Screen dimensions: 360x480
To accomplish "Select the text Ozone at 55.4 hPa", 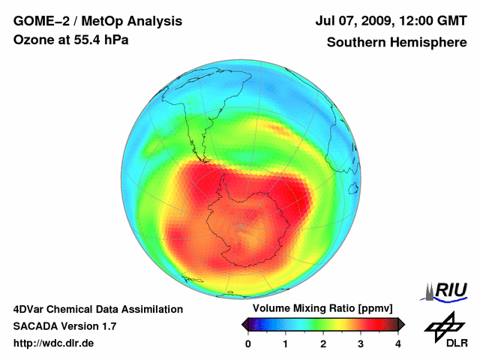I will (71, 40).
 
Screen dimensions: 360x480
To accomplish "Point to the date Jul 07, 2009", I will (357, 22).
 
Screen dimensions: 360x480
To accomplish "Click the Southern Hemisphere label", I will (397, 43).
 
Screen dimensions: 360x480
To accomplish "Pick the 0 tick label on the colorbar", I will (248, 343).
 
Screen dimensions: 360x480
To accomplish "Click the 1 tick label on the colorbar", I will (286, 343).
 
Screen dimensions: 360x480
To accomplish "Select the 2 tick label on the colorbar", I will (323, 343).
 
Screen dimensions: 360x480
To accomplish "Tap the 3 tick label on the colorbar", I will (361, 343).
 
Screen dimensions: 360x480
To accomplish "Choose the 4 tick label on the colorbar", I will (398, 343).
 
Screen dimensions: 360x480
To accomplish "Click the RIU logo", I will (447, 290).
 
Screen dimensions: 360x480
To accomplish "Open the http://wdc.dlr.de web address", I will (54, 343).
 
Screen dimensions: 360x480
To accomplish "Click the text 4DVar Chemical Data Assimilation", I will (98, 309).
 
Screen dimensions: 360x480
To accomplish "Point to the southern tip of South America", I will (203, 160).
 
